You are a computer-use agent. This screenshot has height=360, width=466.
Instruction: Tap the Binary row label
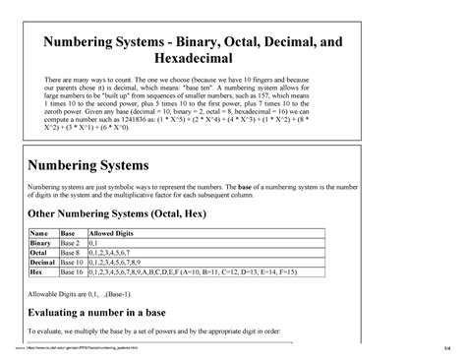[41, 242]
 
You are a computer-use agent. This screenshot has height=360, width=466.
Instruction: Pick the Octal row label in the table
[39, 253]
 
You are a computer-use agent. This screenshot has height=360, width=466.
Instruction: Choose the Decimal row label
[43, 264]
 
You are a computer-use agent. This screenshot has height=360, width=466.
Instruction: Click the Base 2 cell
[71, 242]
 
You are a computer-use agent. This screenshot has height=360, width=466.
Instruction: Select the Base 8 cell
[71, 253]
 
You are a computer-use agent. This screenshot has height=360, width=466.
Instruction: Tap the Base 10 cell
[73, 264]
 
